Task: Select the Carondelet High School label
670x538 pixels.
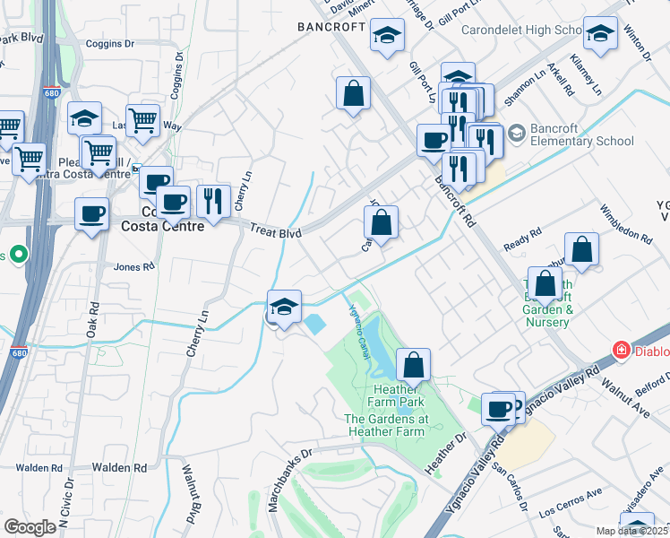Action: [521, 30]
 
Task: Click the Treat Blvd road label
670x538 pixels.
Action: [273, 230]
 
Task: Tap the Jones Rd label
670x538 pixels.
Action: [134, 266]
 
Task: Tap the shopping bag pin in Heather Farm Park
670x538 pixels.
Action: [413, 364]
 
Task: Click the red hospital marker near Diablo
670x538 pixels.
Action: [619, 350]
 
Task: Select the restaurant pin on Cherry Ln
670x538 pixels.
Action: [212, 201]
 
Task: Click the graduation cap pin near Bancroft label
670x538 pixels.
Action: [387, 37]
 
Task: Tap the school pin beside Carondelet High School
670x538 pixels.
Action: [600, 33]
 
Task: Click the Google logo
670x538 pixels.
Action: [30, 527]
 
